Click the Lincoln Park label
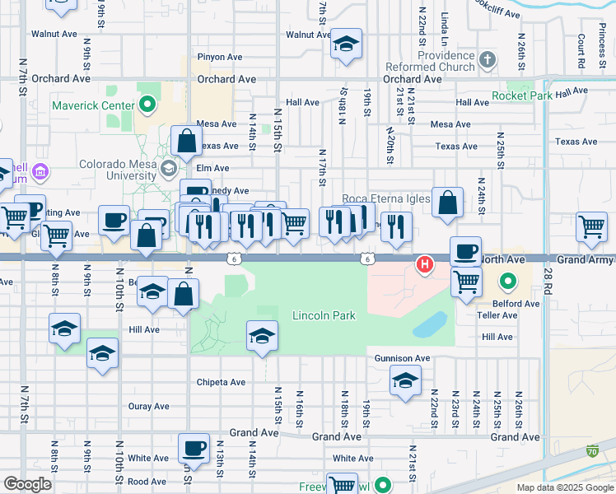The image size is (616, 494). click(324, 316)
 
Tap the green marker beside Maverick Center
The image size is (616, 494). click(147, 105)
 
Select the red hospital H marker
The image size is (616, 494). click(424, 264)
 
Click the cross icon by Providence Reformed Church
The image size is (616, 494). click(488, 59)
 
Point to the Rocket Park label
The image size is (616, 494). click(523, 96)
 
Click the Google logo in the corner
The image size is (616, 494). click(27, 484)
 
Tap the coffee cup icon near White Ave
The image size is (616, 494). click(194, 448)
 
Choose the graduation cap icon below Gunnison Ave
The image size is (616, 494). click(405, 380)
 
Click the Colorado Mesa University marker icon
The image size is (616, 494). click(169, 168)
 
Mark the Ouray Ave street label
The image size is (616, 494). click(149, 406)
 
